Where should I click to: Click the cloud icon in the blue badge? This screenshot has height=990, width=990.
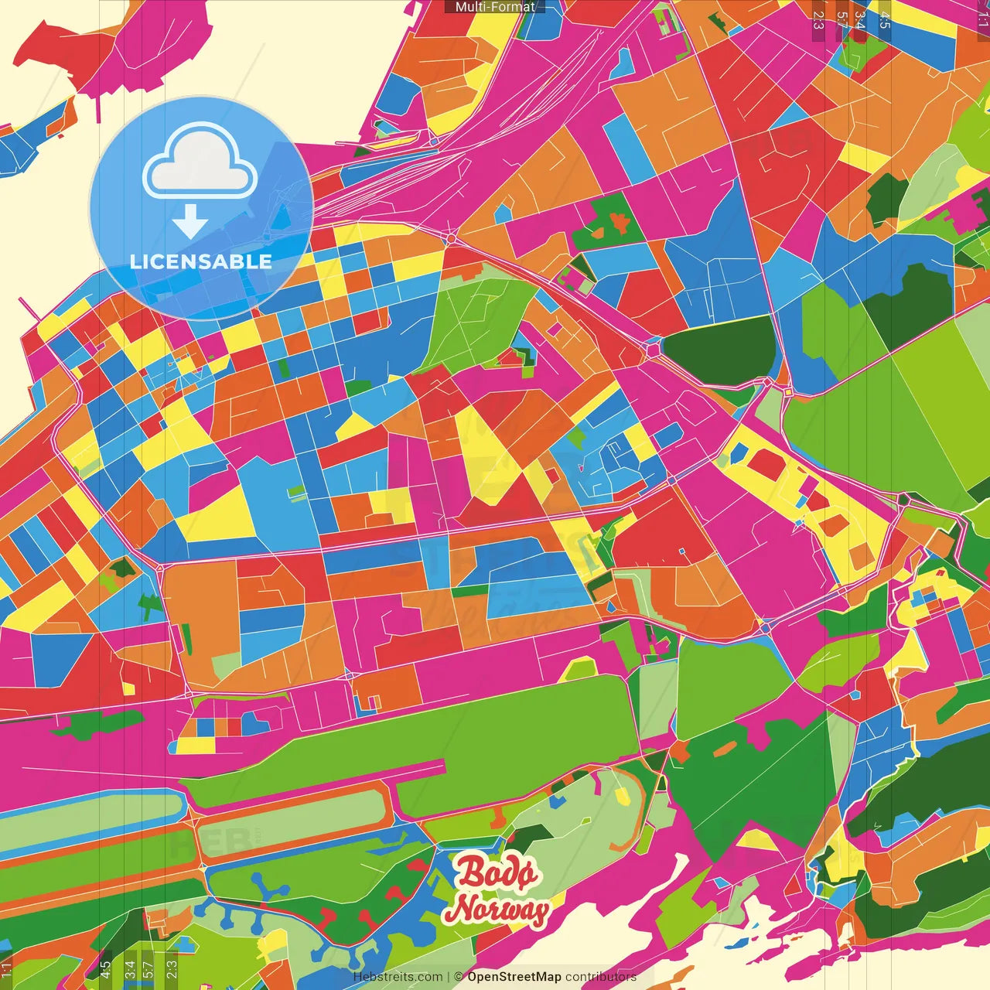200,163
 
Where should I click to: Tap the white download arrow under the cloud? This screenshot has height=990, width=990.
190,222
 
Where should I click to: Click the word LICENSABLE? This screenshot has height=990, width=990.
201,261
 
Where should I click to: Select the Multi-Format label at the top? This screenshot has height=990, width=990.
495,7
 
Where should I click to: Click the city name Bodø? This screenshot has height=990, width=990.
496,873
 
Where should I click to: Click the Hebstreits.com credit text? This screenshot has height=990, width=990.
398,977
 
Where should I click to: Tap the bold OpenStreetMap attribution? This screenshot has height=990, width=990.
514,977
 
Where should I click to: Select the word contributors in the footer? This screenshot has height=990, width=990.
601,977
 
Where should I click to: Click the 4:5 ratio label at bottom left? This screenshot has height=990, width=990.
105,969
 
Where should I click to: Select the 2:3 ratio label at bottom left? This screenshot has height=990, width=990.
172,969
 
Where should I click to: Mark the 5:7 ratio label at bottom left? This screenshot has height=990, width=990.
148,969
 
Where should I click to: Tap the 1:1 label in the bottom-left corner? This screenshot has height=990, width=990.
7,969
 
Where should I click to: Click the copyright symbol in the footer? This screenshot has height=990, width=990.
459,977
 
